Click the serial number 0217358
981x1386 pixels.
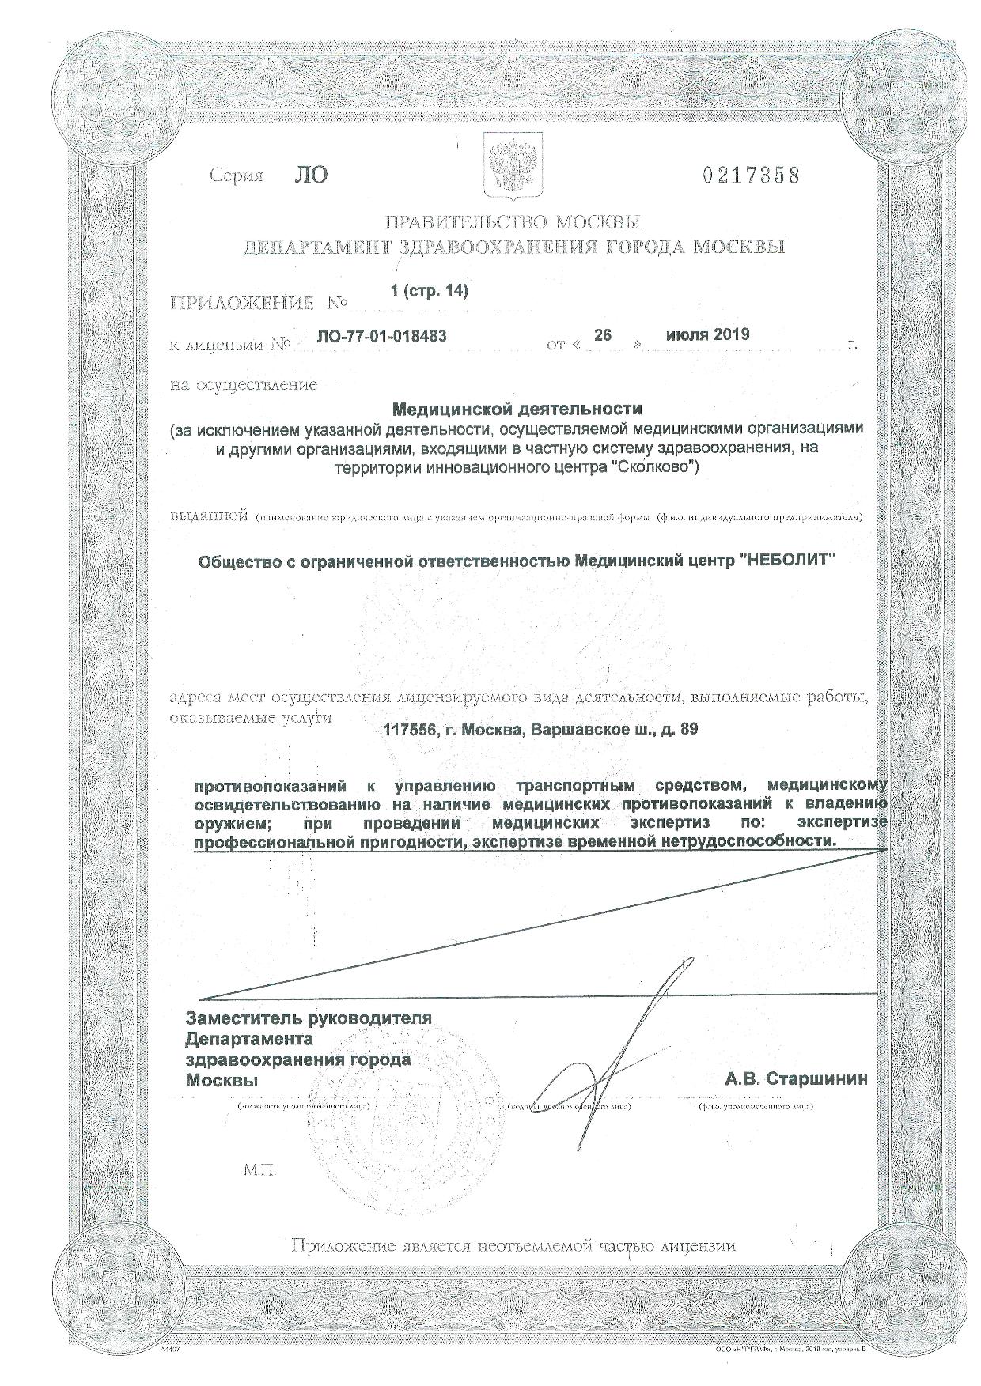(x=751, y=175)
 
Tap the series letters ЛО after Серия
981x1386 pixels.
(x=309, y=175)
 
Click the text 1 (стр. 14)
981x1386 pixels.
(x=430, y=291)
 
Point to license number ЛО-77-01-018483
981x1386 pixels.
(x=381, y=336)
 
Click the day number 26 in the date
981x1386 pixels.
(x=603, y=335)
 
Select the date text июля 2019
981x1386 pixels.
(x=707, y=334)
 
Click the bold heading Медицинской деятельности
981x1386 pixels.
(x=517, y=410)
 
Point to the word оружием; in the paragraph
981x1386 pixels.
(x=230, y=824)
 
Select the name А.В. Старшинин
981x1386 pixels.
(x=796, y=1078)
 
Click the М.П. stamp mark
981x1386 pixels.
(x=260, y=1169)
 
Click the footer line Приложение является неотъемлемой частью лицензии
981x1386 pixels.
(x=513, y=1245)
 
